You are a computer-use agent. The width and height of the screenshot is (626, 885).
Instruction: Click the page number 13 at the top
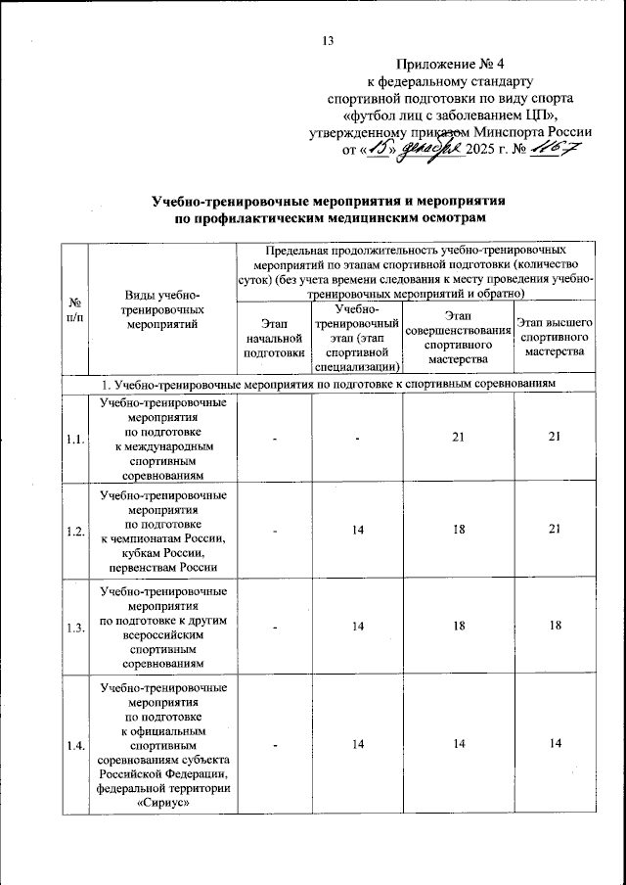(x=328, y=40)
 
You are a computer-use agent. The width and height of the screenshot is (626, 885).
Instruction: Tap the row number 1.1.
(x=75, y=438)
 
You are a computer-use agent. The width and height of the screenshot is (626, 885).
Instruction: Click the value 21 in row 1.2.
(x=555, y=530)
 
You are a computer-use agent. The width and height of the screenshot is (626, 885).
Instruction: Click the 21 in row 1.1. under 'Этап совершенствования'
(x=459, y=438)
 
